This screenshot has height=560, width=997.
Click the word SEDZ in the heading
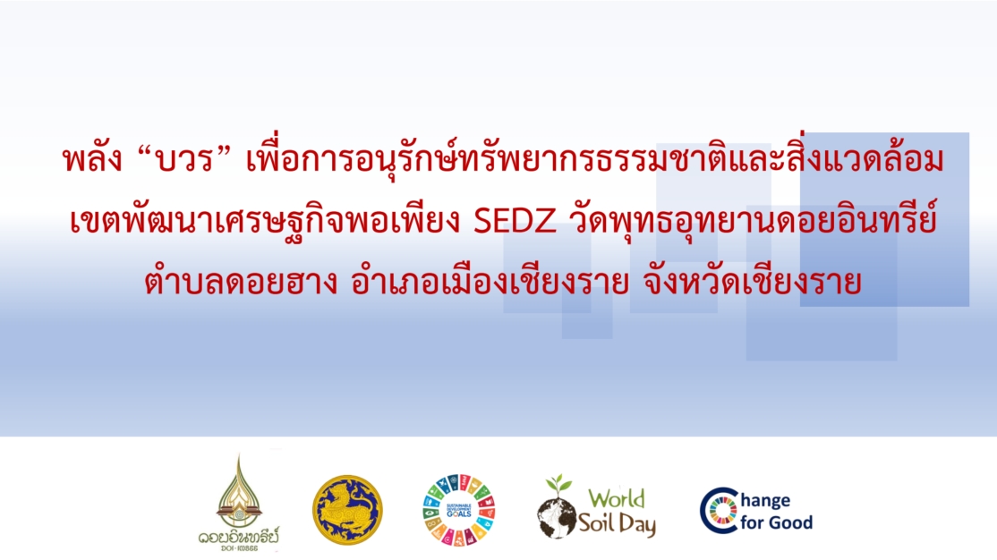[x=516, y=221]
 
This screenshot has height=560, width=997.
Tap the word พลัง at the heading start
[x=93, y=159]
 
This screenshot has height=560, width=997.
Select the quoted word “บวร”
[x=184, y=158]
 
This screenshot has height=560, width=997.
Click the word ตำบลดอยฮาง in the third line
[x=241, y=282]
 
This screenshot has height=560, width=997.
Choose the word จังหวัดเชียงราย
[x=752, y=282]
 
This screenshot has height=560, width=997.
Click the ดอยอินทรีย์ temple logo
[x=238, y=502]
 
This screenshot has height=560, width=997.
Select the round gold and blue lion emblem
[x=347, y=510]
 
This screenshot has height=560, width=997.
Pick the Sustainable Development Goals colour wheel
[x=459, y=510]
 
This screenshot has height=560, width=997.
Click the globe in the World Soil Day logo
[x=556, y=517]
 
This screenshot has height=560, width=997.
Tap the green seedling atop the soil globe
[x=558, y=484]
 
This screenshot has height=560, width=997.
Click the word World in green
[x=616, y=498]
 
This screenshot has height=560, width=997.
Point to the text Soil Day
[x=617, y=523]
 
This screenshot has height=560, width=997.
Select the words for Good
[x=776, y=522]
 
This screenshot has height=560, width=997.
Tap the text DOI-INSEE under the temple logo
[x=239, y=547]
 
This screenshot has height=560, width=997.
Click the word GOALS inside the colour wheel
[x=459, y=513]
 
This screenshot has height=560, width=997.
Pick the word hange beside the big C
[x=765, y=502]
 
